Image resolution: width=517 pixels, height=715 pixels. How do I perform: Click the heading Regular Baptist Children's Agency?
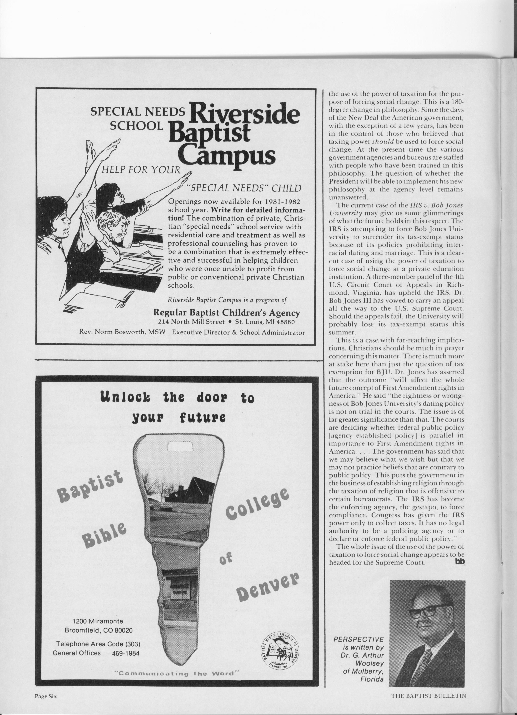226,313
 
